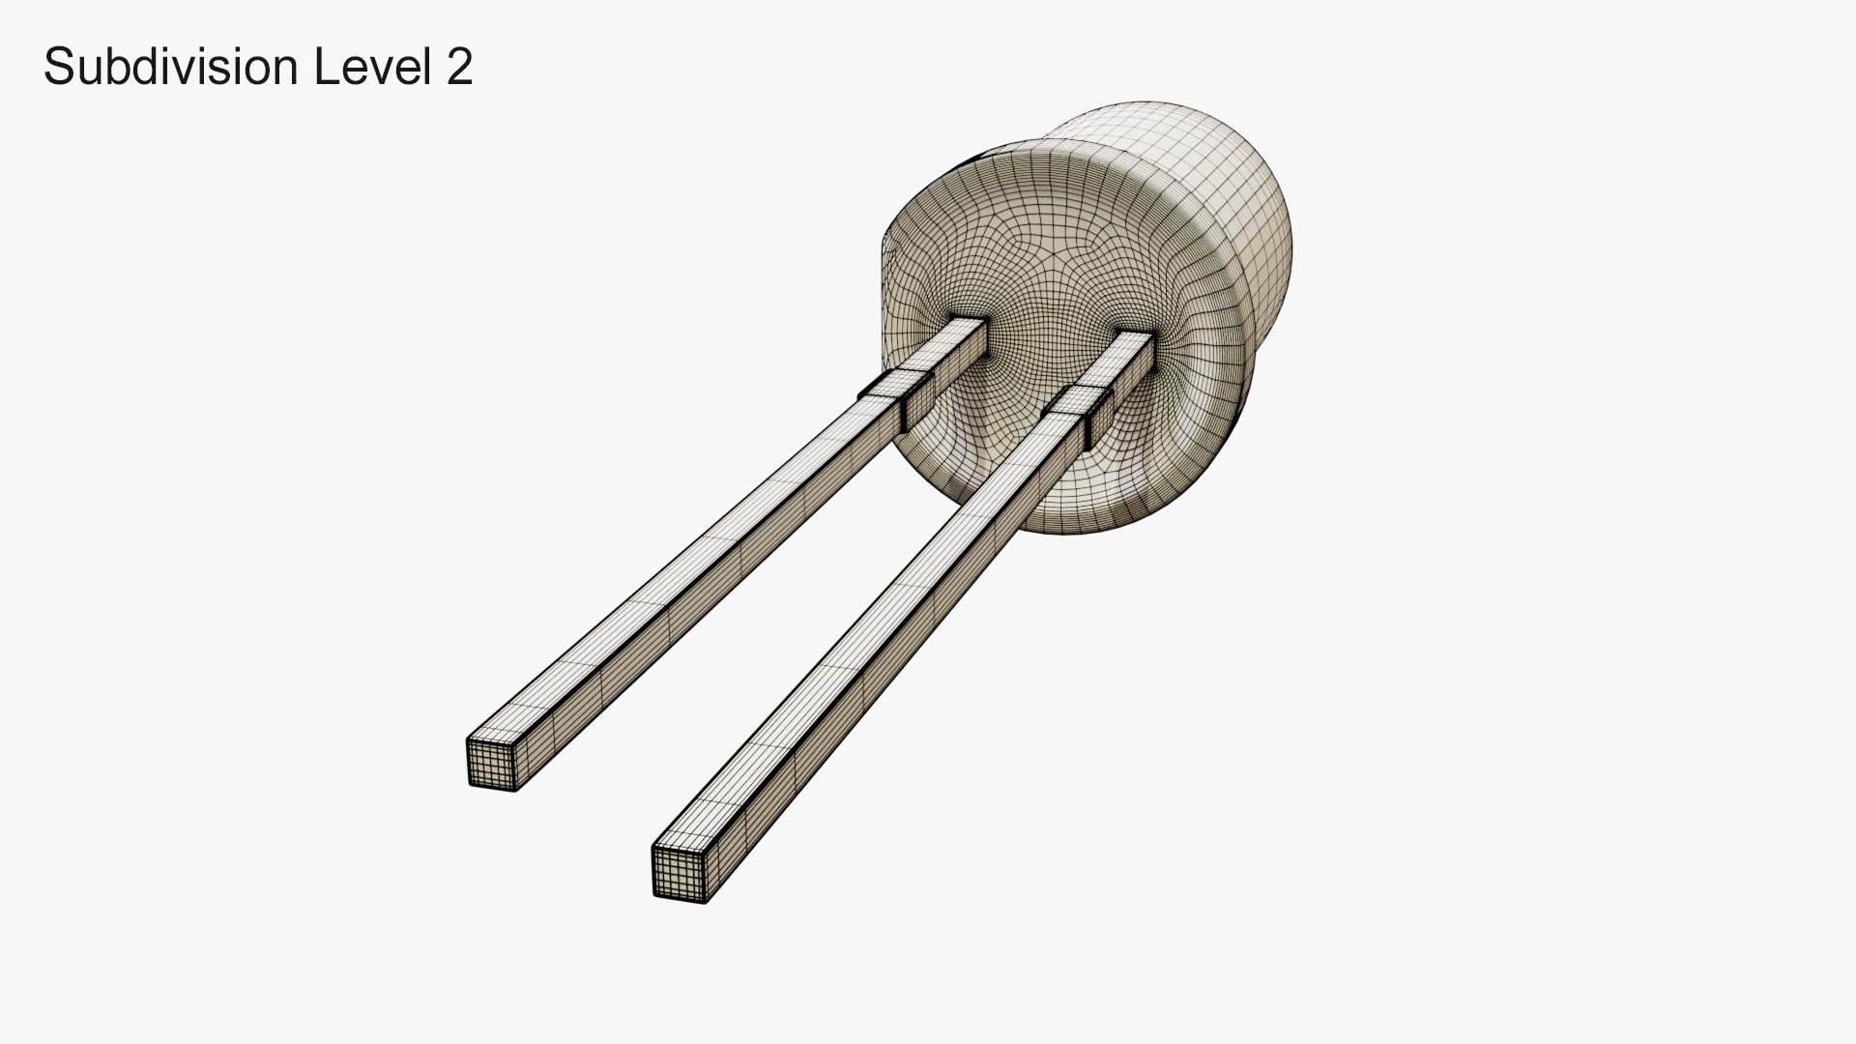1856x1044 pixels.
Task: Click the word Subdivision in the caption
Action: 170,68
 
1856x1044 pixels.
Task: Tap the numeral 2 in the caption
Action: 459,68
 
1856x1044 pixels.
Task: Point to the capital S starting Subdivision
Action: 57,68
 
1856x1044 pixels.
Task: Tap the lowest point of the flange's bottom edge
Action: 1073,535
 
